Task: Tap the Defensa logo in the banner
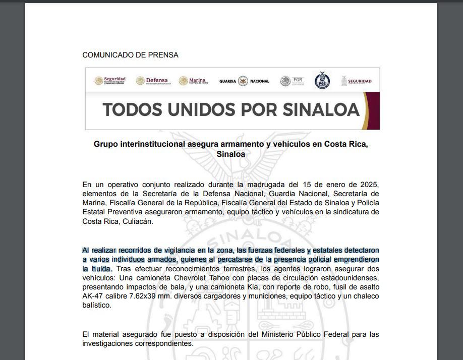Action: pos(152,81)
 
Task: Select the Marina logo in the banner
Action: pos(193,81)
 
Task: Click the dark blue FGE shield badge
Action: pos(322,81)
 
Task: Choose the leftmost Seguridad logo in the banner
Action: pos(110,81)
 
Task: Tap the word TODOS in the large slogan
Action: pos(133,109)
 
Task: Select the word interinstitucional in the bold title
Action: pos(154,144)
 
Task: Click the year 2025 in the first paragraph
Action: pos(368,184)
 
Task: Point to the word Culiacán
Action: pos(137,221)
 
